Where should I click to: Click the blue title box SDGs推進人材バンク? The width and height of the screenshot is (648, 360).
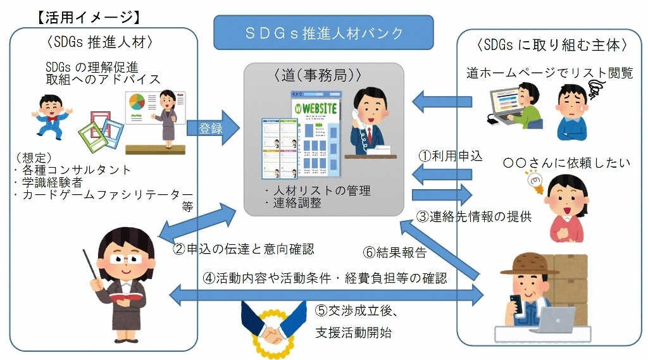point(323,32)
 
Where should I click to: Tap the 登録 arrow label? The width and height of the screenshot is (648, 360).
point(211,128)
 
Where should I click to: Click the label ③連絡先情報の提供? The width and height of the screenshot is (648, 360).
point(473,216)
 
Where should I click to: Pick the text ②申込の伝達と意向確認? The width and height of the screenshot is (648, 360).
point(244,249)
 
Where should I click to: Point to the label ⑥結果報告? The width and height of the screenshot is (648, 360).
point(395,252)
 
